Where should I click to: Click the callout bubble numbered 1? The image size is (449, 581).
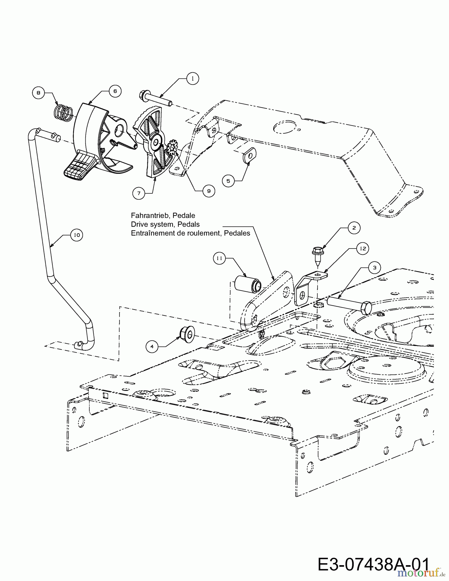point(193,79)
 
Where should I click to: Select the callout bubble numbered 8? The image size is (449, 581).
point(38,93)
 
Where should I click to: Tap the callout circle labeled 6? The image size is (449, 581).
point(115,91)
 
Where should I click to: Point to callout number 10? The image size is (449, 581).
point(77,235)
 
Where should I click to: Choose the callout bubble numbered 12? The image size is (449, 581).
point(363,248)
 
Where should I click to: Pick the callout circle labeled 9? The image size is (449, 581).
point(209,191)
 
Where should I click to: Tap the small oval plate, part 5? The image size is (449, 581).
point(249,156)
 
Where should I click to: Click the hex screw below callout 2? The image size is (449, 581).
point(317,253)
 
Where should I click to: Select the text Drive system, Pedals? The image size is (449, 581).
point(165,224)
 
